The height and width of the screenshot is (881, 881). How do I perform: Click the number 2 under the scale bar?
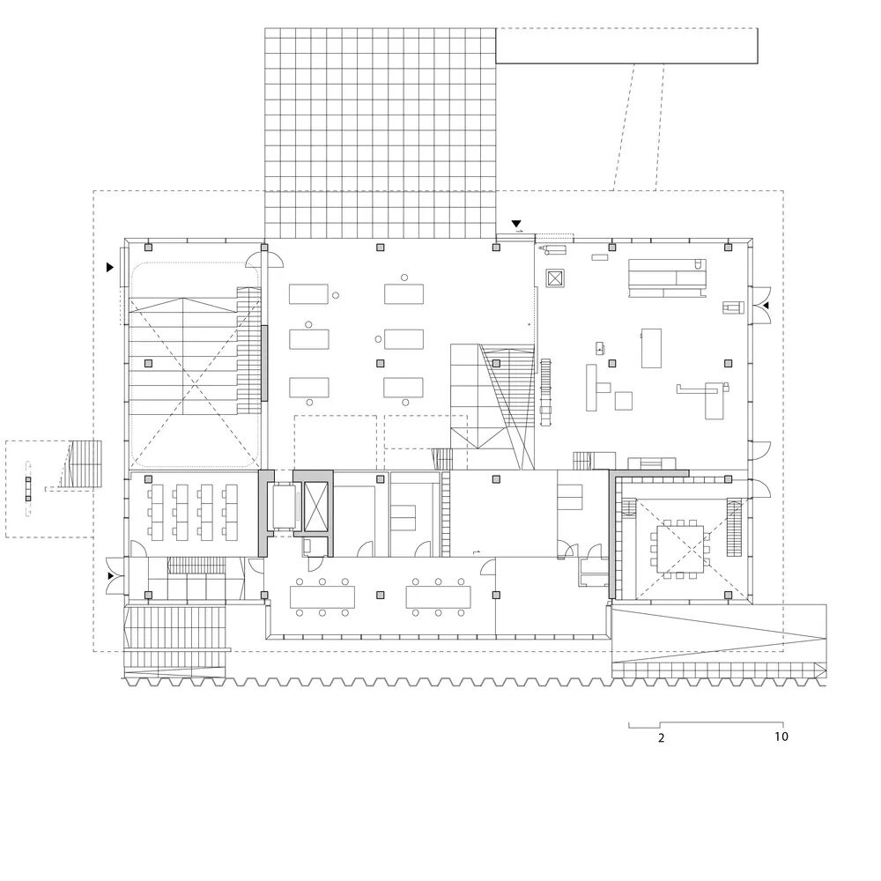point(661,737)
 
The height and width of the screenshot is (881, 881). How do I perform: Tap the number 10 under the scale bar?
point(781,736)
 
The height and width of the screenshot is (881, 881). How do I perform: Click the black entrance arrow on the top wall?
point(515,224)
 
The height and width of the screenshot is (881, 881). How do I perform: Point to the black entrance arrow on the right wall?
point(765,305)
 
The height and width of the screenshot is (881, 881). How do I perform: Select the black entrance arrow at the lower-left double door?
point(111,576)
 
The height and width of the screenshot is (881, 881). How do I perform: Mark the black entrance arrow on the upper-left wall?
point(110,268)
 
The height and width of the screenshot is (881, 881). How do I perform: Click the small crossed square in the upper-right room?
point(555,278)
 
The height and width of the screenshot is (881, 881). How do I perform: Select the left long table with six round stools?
point(322,597)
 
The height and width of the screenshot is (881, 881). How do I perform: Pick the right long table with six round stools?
point(438,597)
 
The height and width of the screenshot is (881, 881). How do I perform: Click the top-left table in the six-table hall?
point(308,294)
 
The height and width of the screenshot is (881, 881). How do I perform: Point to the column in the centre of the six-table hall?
point(381,363)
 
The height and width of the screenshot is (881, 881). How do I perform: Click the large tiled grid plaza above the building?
point(381,134)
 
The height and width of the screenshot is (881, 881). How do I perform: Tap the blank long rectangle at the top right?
point(626,45)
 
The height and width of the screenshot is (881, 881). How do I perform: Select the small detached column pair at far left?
point(28,489)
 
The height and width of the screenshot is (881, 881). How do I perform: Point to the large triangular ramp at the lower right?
point(719,633)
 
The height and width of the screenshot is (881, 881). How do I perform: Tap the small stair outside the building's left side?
point(85,464)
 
